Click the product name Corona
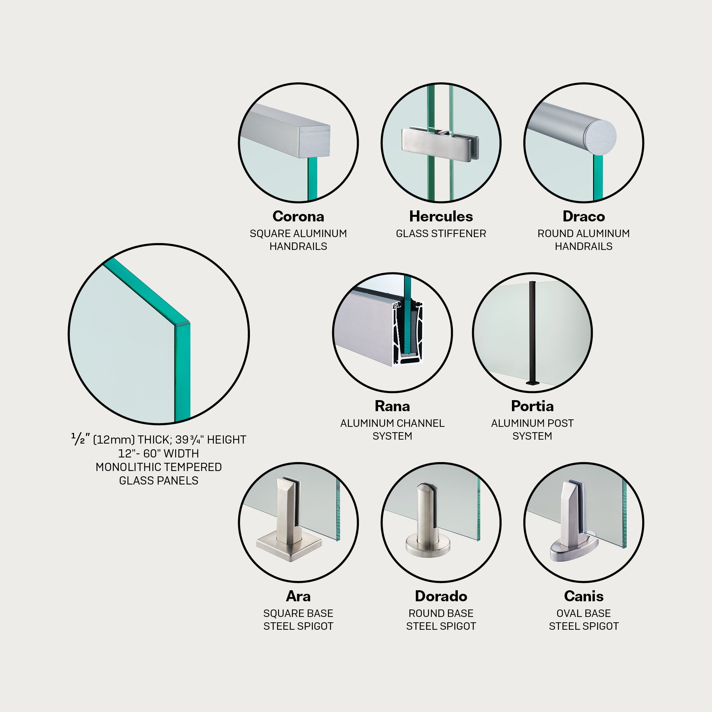(x=298, y=216)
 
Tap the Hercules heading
(x=441, y=216)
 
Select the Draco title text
(x=583, y=216)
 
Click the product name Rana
(x=392, y=406)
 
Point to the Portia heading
(x=532, y=406)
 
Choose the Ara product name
(x=298, y=596)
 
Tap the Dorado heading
(x=441, y=596)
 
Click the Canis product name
(x=583, y=596)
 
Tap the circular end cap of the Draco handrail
(x=601, y=135)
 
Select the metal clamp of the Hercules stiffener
(x=440, y=145)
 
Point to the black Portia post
(x=533, y=334)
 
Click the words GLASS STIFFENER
(x=441, y=234)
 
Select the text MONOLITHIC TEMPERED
(x=158, y=467)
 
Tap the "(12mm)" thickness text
(x=114, y=440)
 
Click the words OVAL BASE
(x=583, y=613)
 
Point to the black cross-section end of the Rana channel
(x=408, y=333)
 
